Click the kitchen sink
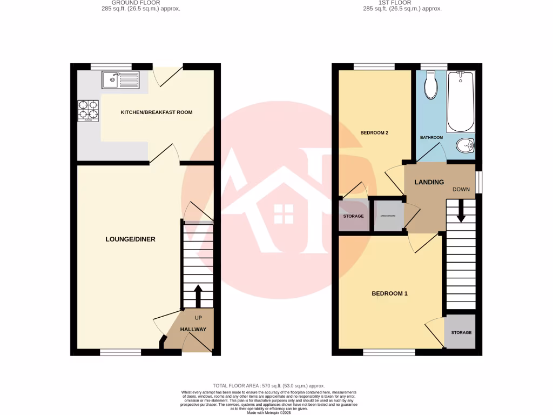click(x=119, y=81)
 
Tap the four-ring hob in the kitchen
click(x=89, y=111)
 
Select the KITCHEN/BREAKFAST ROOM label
click(x=156, y=112)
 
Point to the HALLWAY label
click(x=193, y=329)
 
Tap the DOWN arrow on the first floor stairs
click(x=461, y=211)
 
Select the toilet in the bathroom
click(x=431, y=86)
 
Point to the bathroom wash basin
click(x=465, y=145)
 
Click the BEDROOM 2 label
click(x=375, y=132)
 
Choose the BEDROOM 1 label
click(x=389, y=293)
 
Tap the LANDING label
click(x=429, y=182)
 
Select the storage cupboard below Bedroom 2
click(x=353, y=216)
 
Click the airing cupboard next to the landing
click(x=388, y=216)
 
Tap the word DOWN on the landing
click(x=461, y=190)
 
